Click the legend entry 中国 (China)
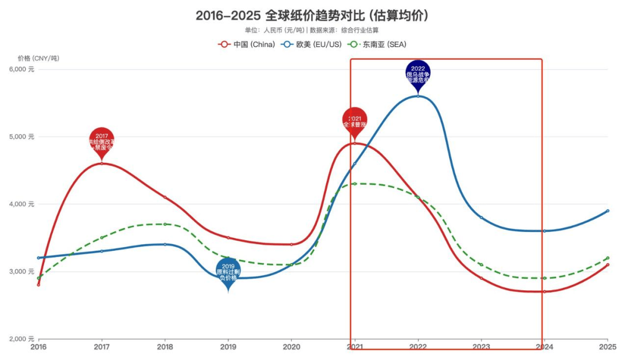[247, 44]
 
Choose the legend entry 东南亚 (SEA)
[376, 44]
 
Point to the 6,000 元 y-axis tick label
[23, 69]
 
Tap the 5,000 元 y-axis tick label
[23, 137]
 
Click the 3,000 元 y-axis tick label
[23, 272]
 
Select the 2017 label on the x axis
[102, 347]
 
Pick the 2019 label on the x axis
[228, 347]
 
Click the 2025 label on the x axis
[608, 347]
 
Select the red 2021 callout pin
[355, 121]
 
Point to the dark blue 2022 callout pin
[418, 74]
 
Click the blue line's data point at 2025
[608, 211]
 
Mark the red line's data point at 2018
[165, 197]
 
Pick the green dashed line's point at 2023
[481, 265]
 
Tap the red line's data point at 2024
[544, 291]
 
